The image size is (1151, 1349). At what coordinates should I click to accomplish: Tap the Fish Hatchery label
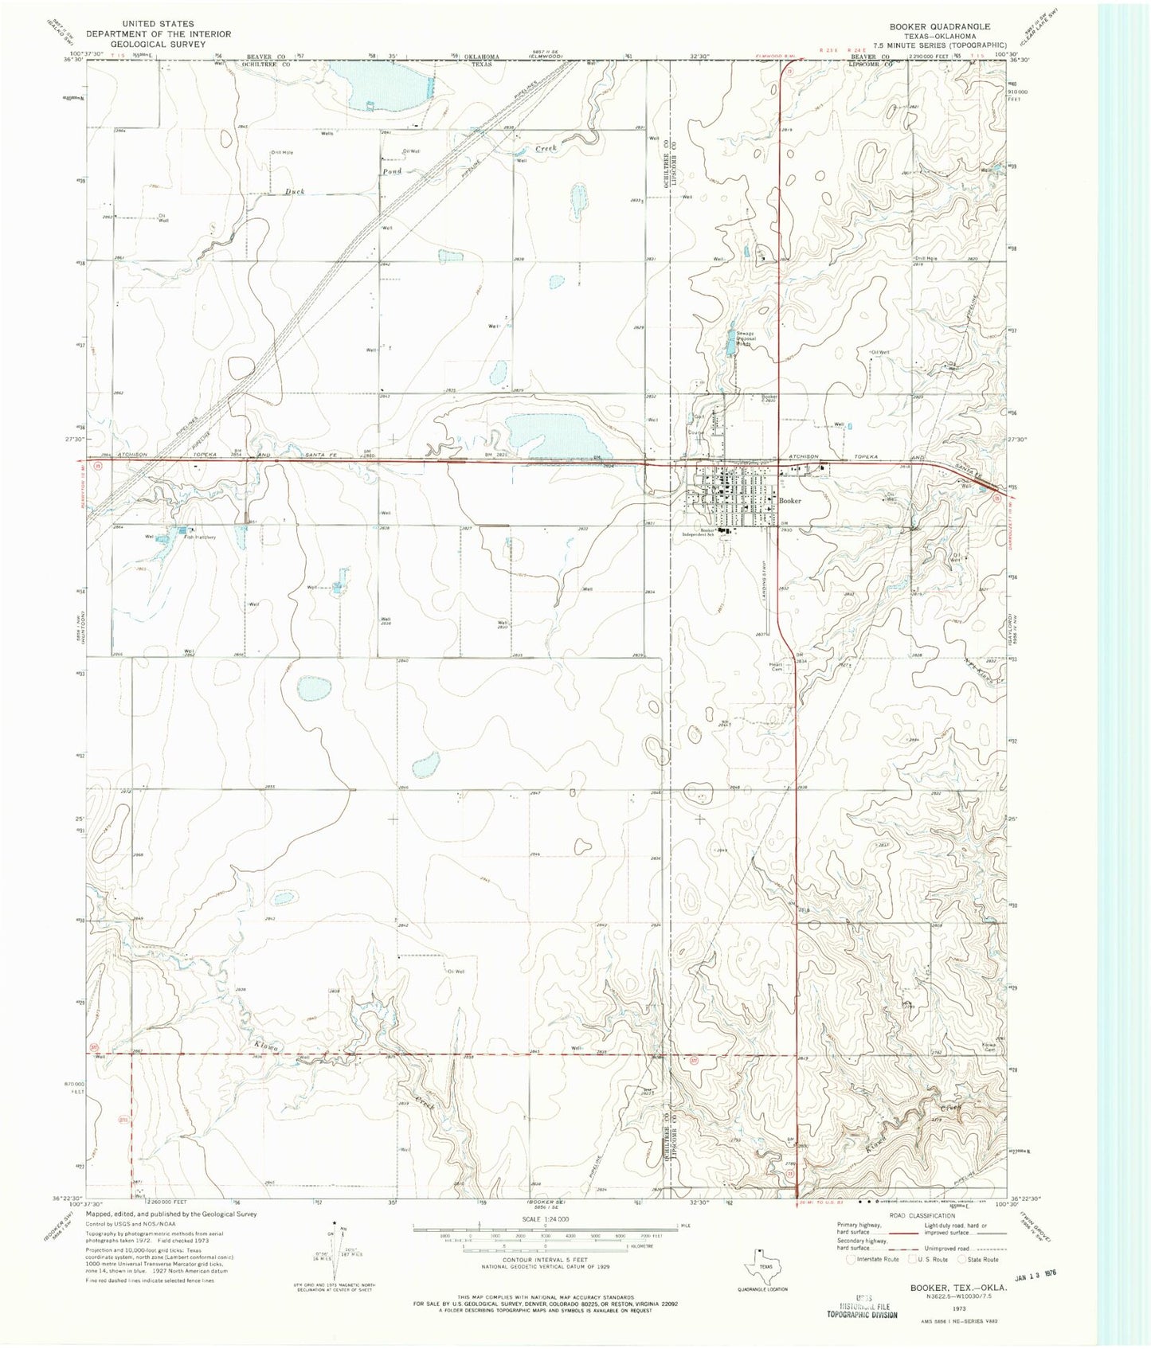pyautogui.click(x=200, y=537)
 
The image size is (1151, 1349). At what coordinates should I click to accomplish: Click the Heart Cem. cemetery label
pyautogui.click(x=777, y=667)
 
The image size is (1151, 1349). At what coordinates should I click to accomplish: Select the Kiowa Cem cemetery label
pyautogui.click(x=989, y=1046)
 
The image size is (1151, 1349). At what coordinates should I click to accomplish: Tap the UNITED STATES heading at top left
pyautogui.click(x=159, y=24)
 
